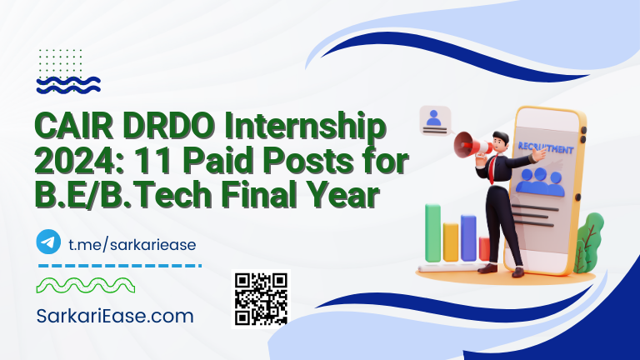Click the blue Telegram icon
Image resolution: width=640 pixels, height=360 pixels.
[49, 242]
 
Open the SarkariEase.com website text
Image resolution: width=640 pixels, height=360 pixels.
[116, 317]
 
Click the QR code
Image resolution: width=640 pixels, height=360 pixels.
[261, 297]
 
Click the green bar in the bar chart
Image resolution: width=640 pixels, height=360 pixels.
[432, 233]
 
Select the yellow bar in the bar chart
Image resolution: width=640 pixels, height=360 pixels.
[451, 241]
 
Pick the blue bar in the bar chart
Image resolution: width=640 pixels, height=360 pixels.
[468, 237]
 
